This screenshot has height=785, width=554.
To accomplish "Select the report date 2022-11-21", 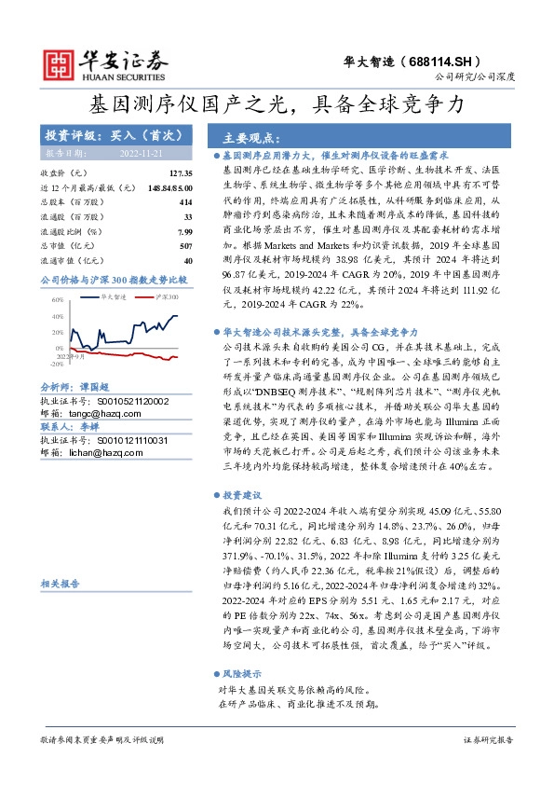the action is click(x=141, y=152).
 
